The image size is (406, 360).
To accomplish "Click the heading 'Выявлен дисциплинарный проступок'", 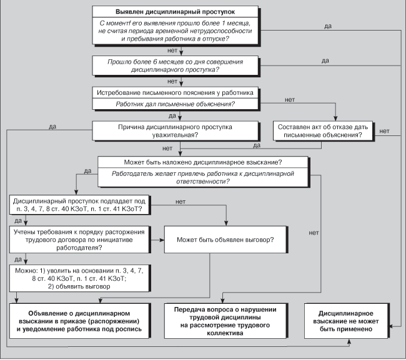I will pyautogui.click(x=175, y=12).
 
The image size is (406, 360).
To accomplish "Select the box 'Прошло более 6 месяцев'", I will pyautogui.click(x=175, y=65).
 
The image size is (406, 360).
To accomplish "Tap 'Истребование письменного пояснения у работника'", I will pyautogui.click(x=175, y=92).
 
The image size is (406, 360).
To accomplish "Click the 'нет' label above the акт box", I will pyautogui.click(x=289, y=100).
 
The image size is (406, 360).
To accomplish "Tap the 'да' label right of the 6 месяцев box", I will pyautogui.click(x=325, y=61).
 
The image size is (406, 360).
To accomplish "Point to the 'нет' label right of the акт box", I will pyautogui.click(x=384, y=130).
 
